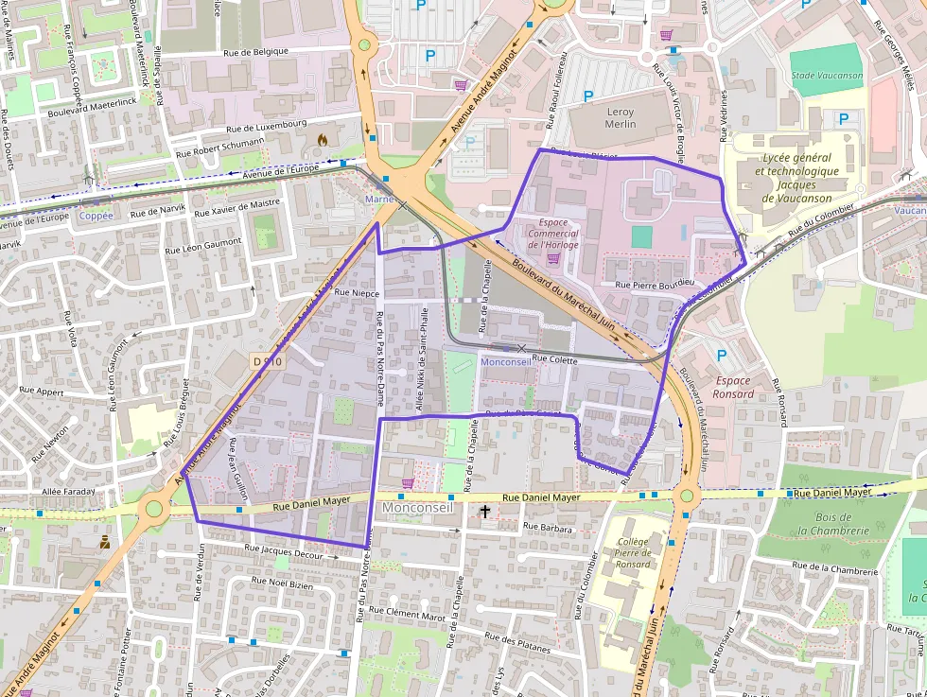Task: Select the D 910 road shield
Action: click(268, 361)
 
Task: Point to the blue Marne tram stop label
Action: click(378, 200)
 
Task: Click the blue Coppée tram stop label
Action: click(96, 216)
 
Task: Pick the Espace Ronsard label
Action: click(733, 387)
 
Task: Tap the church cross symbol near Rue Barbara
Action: click(485, 512)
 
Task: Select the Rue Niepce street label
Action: click(356, 293)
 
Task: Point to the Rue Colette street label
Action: click(555, 358)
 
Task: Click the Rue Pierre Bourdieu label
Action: click(655, 283)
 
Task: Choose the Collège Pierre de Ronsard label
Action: click(633, 551)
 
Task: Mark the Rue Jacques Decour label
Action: click(284, 551)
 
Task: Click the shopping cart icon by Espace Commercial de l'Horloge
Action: click(553, 258)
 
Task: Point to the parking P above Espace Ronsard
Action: click(722, 356)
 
